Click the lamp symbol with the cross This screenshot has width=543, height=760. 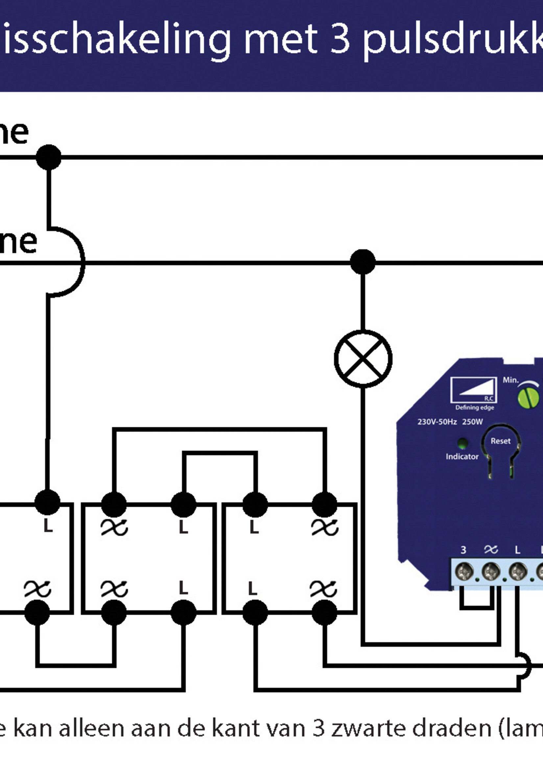click(x=363, y=358)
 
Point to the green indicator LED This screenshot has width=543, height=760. click(x=462, y=443)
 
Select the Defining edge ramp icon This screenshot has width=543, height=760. click(x=473, y=390)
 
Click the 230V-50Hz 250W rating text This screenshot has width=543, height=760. click(x=450, y=422)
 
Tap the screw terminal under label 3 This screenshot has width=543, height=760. click(x=464, y=571)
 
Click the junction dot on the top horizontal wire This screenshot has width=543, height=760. click(x=49, y=157)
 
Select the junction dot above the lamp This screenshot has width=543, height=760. click(x=363, y=262)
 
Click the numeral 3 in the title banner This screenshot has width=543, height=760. click(x=340, y=39)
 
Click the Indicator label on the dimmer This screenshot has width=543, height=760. click(x=462, y=456)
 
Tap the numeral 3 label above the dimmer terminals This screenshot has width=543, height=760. click(x=463, y=549)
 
